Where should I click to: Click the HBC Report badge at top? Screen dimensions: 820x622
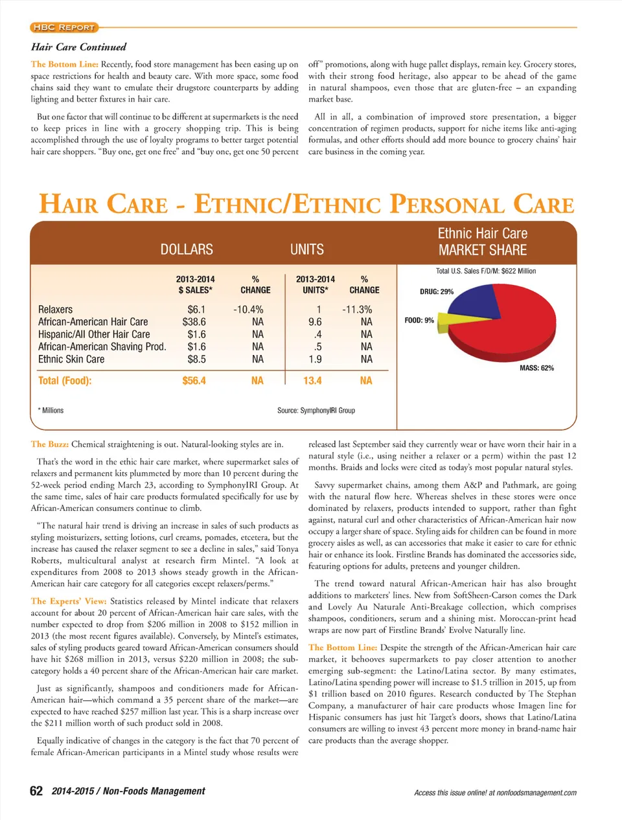coord(64,27)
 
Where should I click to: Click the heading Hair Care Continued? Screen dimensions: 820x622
coord(78,47)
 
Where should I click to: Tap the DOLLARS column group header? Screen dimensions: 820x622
coord(187,249)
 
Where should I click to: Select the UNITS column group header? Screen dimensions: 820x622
coord(307,249)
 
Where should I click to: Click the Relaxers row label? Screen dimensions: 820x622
coord(55,310)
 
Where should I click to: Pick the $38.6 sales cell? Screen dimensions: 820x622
coord(194,322)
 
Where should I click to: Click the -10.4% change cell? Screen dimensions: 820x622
coord(248,310)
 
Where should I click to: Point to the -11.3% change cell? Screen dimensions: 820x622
coord(357,310)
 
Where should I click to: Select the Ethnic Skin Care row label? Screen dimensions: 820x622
coord(71,359)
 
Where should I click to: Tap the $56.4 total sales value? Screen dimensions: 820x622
coord(194,381)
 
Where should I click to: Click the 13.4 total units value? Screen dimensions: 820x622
coord(312,381)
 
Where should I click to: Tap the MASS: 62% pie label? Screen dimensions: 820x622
coord(536,368)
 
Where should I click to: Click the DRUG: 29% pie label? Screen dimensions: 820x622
coord(437,291)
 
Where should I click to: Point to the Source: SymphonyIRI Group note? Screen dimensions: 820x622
coord(316,410)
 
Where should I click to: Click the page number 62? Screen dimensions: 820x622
coord(37,791)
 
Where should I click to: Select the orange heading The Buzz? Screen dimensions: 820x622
coord(49,444)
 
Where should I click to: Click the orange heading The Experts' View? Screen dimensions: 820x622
coord(69,601)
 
